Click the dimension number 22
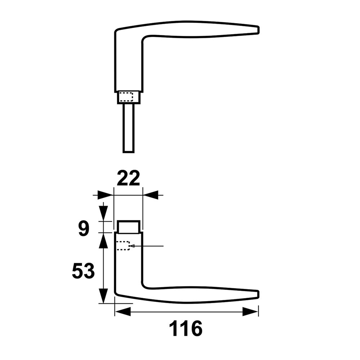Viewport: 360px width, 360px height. tap(129, 179)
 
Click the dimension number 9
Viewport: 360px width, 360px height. tap(84, 229)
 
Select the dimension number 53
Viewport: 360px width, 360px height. tap(83, 271)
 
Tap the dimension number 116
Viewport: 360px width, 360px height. tap(186, 329)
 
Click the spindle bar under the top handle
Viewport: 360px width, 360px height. tap(129, 128)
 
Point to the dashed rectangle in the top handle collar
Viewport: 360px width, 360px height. tap(126, 97)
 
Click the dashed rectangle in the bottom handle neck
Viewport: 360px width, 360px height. tap(123, 246)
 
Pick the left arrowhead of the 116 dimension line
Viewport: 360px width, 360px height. tap(122, 311)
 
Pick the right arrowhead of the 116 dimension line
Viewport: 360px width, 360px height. tap(251, 311)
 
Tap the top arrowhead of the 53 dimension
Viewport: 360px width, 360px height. tap(103, 240)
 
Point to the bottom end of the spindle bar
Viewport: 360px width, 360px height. tap(129, 151)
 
